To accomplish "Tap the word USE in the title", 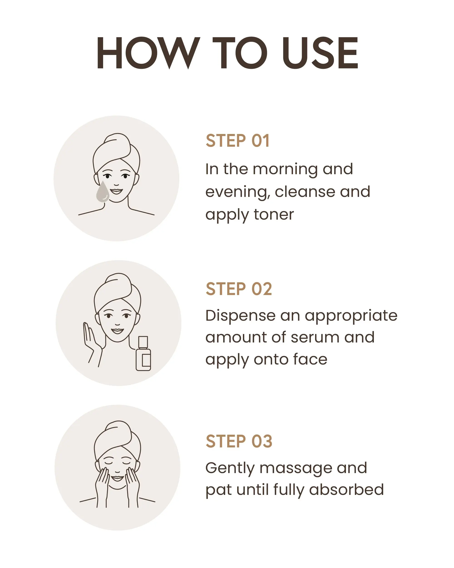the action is click(320, 53).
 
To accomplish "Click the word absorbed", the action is click(346, 490).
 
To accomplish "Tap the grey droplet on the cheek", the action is click(102, 192).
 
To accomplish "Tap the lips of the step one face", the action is click(116, 191).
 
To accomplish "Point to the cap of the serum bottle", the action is click(143, 342).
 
